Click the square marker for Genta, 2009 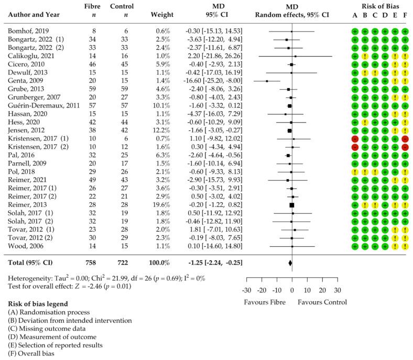(267, 81)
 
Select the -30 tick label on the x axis (247, 290)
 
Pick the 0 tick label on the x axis (292, 290)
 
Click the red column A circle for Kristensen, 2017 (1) (355, 138)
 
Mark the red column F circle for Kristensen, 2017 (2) (405, 147)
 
